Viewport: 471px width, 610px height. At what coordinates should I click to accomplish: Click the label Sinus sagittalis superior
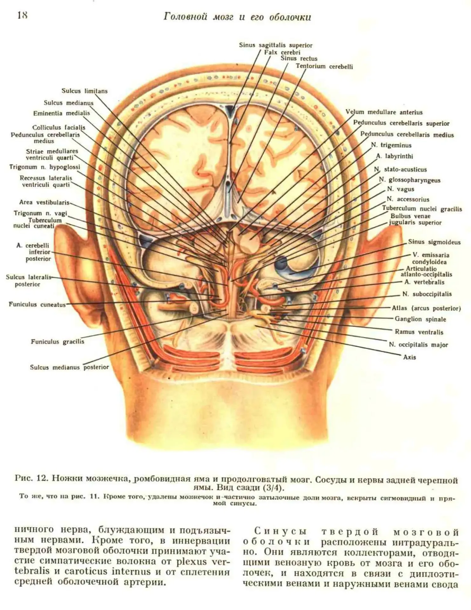pos(276,45)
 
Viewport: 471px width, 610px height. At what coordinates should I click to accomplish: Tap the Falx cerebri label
pos(282,52)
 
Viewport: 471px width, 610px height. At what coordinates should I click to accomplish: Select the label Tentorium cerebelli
pos(324,66)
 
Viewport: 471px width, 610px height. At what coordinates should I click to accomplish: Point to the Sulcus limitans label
pos(84,91)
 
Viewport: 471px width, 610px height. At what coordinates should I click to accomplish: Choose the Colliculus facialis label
pos(59,128)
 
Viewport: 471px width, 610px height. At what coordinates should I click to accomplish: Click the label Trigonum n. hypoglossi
pos(45,167)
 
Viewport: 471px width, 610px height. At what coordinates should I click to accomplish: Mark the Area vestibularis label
pos(44,202)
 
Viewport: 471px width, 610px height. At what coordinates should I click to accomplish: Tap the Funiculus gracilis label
pos(57,342)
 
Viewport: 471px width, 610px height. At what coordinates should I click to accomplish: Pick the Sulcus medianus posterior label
pos(69,367)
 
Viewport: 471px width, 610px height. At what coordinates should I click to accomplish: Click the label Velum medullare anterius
pos(384,112)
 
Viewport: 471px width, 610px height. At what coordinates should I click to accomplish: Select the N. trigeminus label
pos(391,146)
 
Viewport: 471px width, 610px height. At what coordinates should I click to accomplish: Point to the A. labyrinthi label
pos(395,156)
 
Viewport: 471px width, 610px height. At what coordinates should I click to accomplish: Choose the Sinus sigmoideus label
pos(434,242)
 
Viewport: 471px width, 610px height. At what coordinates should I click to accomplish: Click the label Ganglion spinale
pos(421,319)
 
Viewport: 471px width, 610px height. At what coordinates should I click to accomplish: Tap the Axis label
pos(409,357)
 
